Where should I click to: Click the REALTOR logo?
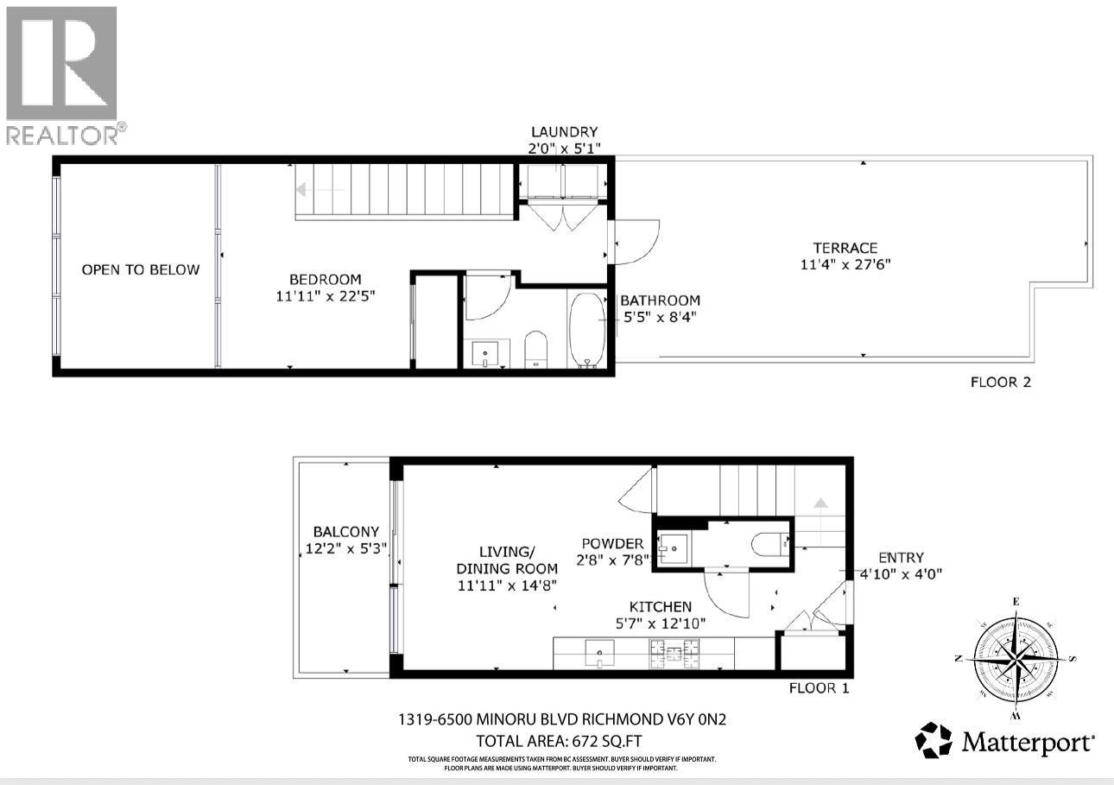(x=62, y=74)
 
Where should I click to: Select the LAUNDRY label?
(x=564, y=131)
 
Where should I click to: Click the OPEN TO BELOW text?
(x=140, y=269)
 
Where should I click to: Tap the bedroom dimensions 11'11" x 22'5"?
(x=325, y=295)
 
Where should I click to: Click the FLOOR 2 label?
(x=1000, y=382)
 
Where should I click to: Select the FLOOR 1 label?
(x=819, y=688)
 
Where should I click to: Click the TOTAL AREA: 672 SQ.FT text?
(x=559, y=741)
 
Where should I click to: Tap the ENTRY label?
(x=901, y=557)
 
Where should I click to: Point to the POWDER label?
(x=611, y=543)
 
